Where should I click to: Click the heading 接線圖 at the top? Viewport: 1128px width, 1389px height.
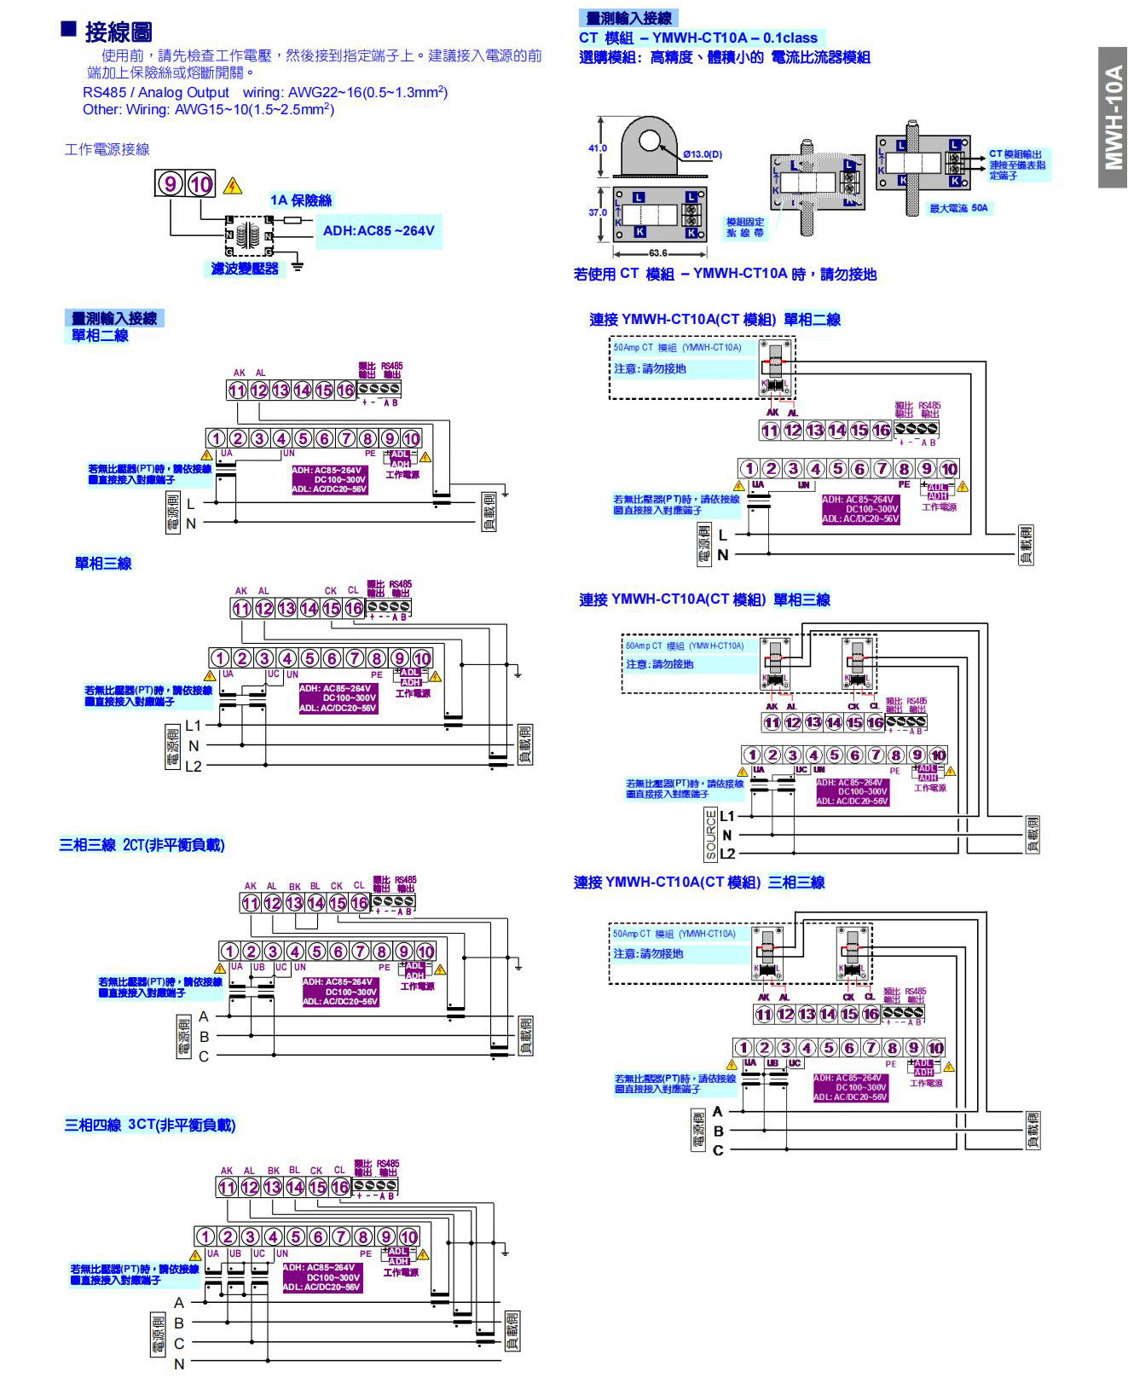(119, 32)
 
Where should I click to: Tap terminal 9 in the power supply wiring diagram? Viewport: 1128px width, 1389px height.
(169, 183)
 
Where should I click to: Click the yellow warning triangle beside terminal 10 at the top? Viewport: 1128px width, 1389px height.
(232, 186)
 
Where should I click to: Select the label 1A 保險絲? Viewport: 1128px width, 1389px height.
(301, 200)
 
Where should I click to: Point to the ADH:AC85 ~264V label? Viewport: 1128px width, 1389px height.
(379, 230)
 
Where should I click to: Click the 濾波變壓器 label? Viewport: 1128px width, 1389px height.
(245, 269)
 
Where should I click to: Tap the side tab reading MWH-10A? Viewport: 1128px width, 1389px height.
(1113, 117)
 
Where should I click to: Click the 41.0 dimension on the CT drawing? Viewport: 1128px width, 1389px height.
(597, 148)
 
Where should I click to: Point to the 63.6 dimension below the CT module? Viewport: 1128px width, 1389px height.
(658, 253)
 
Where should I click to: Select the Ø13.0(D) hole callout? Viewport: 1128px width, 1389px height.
(703, 154)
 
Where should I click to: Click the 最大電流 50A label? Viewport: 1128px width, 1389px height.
(958, 208)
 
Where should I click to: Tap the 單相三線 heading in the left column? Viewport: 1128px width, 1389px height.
(103, 564)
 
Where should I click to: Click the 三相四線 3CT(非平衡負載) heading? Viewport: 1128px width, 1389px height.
(150, 1126)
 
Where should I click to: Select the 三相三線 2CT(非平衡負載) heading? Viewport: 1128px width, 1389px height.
(142, 845)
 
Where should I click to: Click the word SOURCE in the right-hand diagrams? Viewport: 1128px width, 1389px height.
(711, 834)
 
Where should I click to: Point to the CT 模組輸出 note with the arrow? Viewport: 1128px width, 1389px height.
(1017, 165)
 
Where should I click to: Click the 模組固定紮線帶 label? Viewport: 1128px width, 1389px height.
(745, 228)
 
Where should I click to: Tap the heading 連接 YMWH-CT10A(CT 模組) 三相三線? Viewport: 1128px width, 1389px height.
(699, 883)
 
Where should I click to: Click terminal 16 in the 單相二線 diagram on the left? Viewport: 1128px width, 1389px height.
(345, 391)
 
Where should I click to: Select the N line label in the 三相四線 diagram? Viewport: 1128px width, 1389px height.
(179, 1364)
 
